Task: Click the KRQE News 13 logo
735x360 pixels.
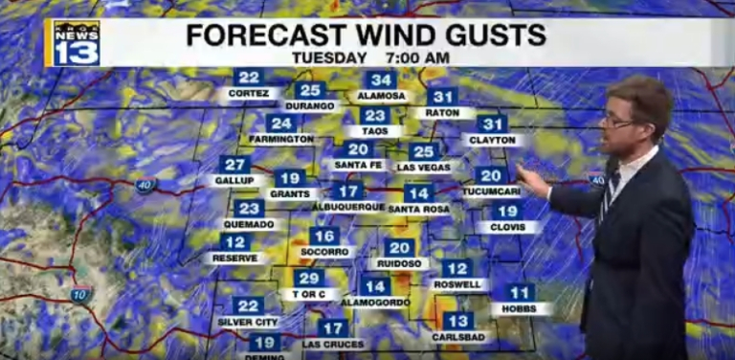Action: [76, 43]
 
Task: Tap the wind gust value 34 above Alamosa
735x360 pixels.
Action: [382, 80]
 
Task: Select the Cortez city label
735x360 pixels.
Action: [249, 95]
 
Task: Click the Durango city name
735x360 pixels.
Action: [311, 107]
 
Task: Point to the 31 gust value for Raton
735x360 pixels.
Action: [442, 97]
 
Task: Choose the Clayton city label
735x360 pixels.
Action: [493, 140]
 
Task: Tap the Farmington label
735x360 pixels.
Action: [280, 139]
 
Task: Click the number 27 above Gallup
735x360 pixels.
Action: [234, 165]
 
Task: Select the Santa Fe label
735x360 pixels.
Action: [359, 165]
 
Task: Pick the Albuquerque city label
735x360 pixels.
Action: [349, 207]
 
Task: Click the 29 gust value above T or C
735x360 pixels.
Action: [308, 278]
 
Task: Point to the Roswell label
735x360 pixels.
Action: [457, 284]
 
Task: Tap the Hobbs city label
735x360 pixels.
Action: [521, 309]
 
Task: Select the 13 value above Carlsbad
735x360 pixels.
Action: [457, 322]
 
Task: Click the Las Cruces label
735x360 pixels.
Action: [332, 344]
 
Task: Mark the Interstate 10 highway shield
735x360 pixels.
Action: [81, 295]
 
